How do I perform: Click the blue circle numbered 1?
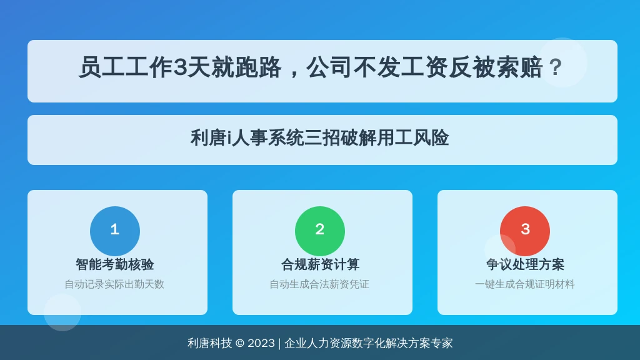115,231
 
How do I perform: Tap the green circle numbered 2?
319,231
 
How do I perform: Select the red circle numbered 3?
525,231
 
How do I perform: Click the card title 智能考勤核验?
115,264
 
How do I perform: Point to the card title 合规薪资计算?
320,264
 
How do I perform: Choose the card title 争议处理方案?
525,264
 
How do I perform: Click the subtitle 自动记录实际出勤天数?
114,284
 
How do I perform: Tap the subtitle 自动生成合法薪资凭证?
319,284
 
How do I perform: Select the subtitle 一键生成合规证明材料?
524,284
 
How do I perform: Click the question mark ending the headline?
556,67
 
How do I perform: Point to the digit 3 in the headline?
180,67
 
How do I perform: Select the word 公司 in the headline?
329,67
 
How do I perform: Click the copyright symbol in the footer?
240,343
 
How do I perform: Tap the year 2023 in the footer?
261,343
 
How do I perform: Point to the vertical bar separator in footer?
279,344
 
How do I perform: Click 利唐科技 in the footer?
210,343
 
